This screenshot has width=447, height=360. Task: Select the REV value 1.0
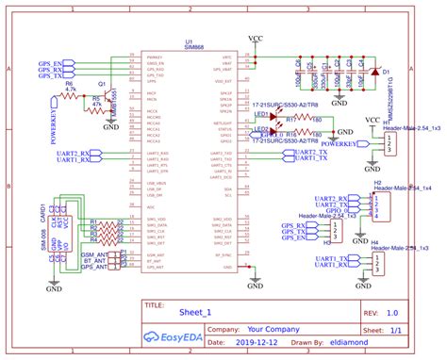click(391, 310)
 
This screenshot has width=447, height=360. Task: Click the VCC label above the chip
click(256, 40)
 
